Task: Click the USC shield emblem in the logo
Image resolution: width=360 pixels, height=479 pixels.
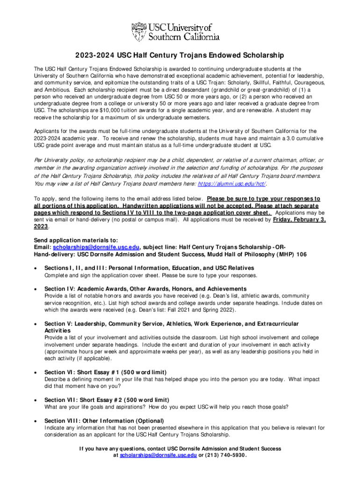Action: [139, 32]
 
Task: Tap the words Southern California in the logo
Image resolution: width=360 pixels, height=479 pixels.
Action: [184, 36]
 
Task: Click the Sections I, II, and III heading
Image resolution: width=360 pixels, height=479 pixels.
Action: [149, 268]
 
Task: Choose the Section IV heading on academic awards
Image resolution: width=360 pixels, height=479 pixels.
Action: [145, 289]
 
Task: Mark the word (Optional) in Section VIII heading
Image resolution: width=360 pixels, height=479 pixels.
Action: [142, 421]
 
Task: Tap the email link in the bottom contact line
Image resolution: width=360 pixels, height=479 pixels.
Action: [158, 455]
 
